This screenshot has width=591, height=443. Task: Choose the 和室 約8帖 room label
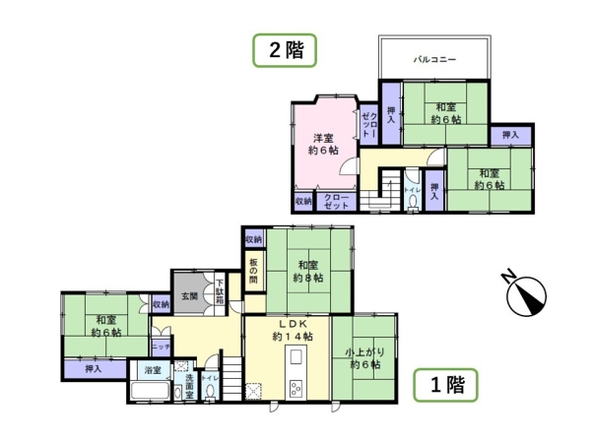point(306,271)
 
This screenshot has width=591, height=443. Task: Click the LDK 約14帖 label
point(293,331)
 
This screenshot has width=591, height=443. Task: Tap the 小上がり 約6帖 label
point(363,357)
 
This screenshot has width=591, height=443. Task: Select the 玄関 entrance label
point(188,294)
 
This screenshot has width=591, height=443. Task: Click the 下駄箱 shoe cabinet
point(220,292)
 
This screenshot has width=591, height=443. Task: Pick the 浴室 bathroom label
point(152,370)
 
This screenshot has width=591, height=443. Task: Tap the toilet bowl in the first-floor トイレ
point(210,392)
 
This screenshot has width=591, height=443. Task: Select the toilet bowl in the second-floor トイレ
point(412,201)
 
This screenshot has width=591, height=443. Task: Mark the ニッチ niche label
point(159,348)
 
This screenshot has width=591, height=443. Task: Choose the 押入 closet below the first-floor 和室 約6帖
point(94,369)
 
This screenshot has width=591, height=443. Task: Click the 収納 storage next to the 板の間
point(253,239)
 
